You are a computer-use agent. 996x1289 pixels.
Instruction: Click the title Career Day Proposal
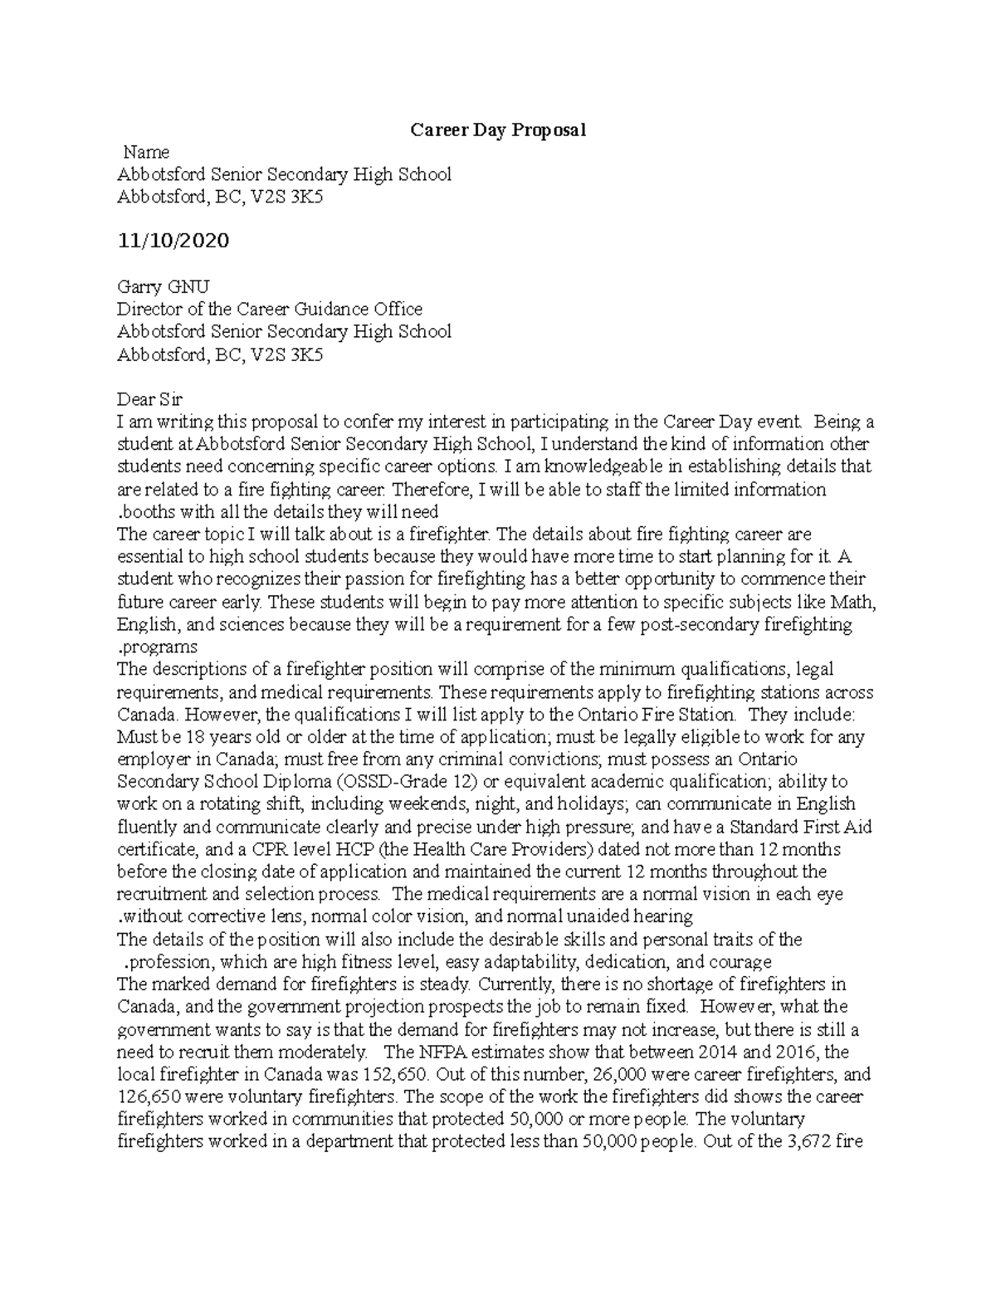[x=498, y=130]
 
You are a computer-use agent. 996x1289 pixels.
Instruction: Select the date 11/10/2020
[x=173, y=241]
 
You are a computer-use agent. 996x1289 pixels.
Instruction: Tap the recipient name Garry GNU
[x=164, y=287]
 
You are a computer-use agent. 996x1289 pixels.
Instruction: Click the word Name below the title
[x=146, y=153]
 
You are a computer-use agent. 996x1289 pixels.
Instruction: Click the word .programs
[x=158, y=647]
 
